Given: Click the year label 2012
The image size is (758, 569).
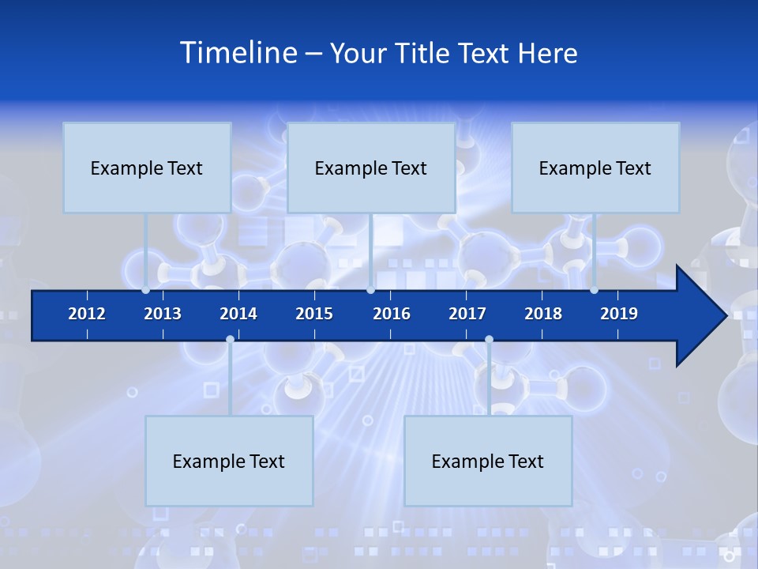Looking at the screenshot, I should (x=87, y=314).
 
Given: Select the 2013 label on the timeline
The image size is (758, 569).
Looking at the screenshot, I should (x=163, y=314).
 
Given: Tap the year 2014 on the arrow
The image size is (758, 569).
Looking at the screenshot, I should (x=238, y=314).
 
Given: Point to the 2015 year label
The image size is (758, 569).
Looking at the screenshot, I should (x=314, y=314).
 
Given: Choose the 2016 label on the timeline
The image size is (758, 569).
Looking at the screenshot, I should (x=392, y=314).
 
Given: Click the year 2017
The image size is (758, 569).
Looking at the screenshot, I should (x=467, y=314).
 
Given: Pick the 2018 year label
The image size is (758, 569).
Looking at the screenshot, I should (x=543, y=314).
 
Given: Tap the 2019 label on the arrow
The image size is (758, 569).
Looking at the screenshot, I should (x=619, y=314).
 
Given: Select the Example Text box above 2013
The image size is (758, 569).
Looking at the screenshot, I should (x=147, y=168).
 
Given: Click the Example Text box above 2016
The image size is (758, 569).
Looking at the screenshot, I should (x=371, y=168).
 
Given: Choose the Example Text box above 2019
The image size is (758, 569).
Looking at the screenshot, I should (x=595, y=168).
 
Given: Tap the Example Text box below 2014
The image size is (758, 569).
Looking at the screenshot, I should (x=229, y=461).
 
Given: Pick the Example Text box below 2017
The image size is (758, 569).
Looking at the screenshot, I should (x=488, y=461).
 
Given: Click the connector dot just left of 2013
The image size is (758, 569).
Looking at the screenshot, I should (x=146, y=290).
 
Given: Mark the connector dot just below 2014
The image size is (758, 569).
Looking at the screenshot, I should (x=230, y=340).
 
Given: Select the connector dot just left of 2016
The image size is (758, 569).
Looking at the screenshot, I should (x=371, y=290).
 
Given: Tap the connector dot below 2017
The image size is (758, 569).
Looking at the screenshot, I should (x=489, y=340).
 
